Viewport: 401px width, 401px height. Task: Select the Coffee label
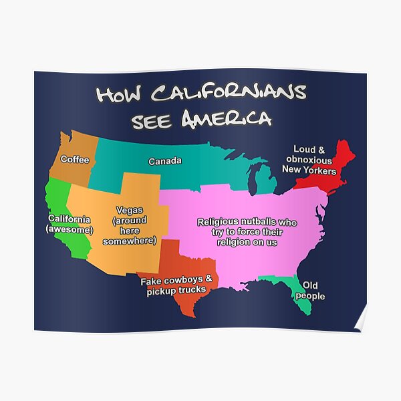tap(75, 160)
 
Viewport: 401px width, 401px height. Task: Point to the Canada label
tap(164, 161)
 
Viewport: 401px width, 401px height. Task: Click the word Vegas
tap(129, 210)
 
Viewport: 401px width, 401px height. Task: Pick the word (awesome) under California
tap(70, 230)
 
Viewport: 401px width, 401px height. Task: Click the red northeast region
tap(338, 170)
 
